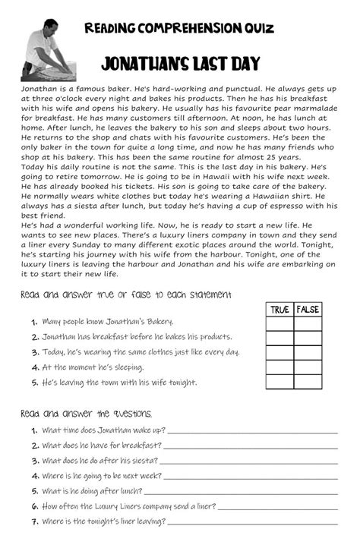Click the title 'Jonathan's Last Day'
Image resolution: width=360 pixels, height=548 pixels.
180,64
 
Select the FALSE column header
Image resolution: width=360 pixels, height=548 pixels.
308,309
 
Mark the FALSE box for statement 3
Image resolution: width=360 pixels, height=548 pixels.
308,353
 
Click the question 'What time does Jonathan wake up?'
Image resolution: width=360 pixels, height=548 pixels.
103,430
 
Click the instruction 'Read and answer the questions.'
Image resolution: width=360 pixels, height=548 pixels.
87,414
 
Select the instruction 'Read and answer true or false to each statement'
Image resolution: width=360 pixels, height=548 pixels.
126,294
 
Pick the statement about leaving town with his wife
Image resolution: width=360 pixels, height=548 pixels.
119,383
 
